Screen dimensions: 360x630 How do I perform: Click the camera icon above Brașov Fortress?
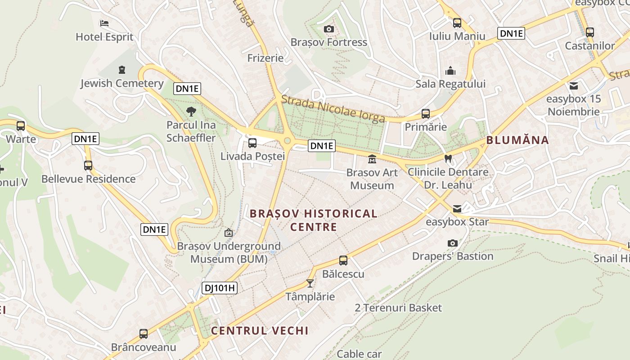(x=329, y=29)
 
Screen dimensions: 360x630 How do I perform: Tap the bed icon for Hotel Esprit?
(x=104, y=23)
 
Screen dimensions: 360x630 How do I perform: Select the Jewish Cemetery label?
(x=122, y=83)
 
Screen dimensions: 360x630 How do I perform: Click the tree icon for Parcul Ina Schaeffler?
(x=191, y=111)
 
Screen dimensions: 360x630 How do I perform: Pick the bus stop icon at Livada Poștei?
(x=252, y=143)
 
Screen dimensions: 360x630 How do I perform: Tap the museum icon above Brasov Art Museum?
(x=372, y=159)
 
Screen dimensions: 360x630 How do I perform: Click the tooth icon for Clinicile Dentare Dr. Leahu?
(x=448, y=158)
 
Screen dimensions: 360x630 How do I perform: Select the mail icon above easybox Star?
(x=457, y=208)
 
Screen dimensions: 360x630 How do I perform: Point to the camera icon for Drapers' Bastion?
(x=453, y=243)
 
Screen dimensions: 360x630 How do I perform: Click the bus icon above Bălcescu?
(x=343, y=261)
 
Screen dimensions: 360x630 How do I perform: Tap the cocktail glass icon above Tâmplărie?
(x=310, y=283)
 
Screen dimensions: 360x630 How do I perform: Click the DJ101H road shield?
(x=219, y=288)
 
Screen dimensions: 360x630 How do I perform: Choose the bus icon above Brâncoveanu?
(x=144, y=334)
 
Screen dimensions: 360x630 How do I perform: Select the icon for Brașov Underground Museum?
(x=229, y=233)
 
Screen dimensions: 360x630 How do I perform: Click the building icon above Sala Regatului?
(x=450, y=71)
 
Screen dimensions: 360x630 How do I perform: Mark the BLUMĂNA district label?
(x=517, y=140)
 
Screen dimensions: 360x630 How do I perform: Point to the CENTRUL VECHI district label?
(x=260, y=331)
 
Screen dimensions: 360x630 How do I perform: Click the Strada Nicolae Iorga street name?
(x=333, y=108)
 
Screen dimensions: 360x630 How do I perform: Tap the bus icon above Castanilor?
(x=589, y=32)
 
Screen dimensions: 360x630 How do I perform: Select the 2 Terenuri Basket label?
(x=398, y=308)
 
